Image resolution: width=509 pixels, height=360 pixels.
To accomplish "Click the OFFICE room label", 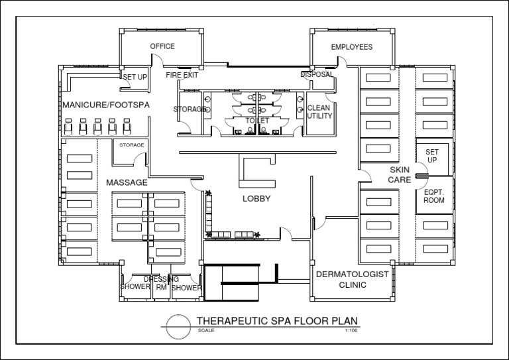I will [x=162, y=46].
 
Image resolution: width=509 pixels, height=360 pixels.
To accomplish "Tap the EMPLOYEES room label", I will [x=351, y=47].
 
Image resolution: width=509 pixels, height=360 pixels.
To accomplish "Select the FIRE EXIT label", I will [x=182, y=76].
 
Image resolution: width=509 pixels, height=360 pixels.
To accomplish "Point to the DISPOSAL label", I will [x=317, y=75].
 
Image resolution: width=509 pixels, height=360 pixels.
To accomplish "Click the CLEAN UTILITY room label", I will [x=319, y=112].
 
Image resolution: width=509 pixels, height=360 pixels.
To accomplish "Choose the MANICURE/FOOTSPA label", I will [x=106, y=105].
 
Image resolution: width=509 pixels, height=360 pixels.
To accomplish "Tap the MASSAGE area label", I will [x=127, y=182].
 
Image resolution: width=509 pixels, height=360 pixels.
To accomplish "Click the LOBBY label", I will [x=256, y=199].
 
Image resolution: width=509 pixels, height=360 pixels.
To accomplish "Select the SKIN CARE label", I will [x=400, y=175].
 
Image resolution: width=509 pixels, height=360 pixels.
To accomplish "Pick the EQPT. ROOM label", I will [x=434, y=196].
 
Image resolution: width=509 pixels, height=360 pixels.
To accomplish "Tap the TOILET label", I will [x=258, y=121].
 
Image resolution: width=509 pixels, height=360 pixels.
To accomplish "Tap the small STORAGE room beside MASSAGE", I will [x=131, y=145].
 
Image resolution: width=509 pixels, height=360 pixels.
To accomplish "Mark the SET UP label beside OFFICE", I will [x=135, y=78].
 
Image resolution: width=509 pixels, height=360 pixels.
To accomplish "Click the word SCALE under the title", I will [x=205, y=330].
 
